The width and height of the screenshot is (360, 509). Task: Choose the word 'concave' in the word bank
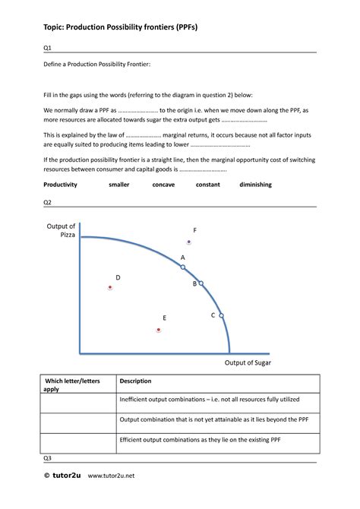click(x=163, y=185)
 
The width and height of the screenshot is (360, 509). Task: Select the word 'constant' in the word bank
click(x=207, y=185)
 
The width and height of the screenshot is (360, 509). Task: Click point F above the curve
click(x=189, y=242)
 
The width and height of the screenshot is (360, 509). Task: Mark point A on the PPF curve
click(x=183, y=267)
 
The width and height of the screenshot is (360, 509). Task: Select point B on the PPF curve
click(x=201, y=283)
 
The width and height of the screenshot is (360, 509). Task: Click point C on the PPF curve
click(x=221, y=315)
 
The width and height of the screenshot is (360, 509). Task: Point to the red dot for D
click(x=110, y=288)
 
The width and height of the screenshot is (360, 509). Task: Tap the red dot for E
click(x=159, y=330)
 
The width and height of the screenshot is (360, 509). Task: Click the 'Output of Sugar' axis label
click(x=248, y=363)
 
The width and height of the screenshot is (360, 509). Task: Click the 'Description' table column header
click(x=136, y=381)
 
